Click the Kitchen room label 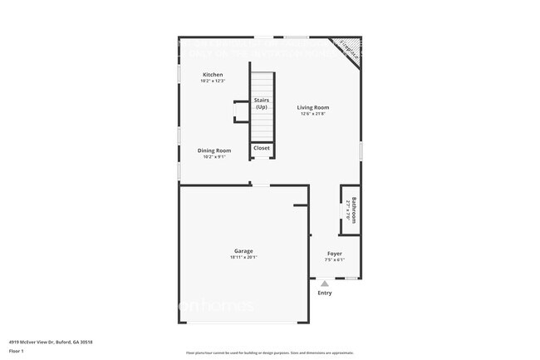tap(212, 75)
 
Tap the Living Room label tap(313, 107)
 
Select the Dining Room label tap(212, 150)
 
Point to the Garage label tap(243, 251)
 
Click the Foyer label tap(334, 254)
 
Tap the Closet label tap(262, 148)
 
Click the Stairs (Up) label tap(262, 104)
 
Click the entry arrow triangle tap(325, 284)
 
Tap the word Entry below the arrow tap(325, 293)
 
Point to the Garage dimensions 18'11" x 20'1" tap(243, 258)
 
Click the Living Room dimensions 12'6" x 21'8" tap(313, 114)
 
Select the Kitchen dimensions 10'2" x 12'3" tap(212, 81)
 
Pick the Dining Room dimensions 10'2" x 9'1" tap(212, 156)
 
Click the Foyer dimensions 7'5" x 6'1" tap(334, 260)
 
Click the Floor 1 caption tap(17, 352)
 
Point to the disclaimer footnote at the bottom tap(270, 353)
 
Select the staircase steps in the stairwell tap(262, 125)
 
